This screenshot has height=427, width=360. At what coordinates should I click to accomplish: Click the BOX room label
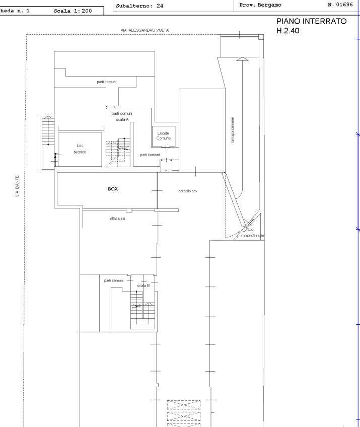pos(113,189)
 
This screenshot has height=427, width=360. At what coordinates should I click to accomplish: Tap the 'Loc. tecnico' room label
pos(80,149)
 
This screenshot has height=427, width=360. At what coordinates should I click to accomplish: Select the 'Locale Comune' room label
pos(164,135)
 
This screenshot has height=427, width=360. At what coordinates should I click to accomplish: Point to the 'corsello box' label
pos(188,191)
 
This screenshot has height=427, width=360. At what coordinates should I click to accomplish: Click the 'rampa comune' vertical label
pos(232,130)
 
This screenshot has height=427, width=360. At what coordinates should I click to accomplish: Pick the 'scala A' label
pos(122,119)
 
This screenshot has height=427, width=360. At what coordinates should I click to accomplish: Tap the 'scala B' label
pos(143,286)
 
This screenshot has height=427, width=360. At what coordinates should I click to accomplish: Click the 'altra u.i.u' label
pos(118,219)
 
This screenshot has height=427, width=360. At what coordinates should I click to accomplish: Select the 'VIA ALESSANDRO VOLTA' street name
pos(145,30)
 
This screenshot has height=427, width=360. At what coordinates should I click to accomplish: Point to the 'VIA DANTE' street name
pos(17,186)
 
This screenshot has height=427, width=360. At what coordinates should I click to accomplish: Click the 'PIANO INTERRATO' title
pos(312,21)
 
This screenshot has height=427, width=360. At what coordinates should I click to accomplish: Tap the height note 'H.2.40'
pos(288,31)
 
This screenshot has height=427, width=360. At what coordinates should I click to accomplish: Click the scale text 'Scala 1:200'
pos(73,11)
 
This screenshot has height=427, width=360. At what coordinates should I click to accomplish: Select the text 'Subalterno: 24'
pos(139,6)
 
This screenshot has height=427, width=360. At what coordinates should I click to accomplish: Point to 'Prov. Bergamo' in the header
pos(260,5)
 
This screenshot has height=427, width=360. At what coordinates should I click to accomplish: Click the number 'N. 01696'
pos(340,5)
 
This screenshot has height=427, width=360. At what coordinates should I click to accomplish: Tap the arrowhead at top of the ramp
pos(242,59)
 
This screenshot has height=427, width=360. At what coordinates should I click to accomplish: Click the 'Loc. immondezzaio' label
pos(252,233)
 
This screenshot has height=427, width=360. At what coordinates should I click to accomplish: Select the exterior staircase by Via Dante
pos(48,143)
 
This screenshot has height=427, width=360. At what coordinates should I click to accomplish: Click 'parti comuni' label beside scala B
pos(114,280)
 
